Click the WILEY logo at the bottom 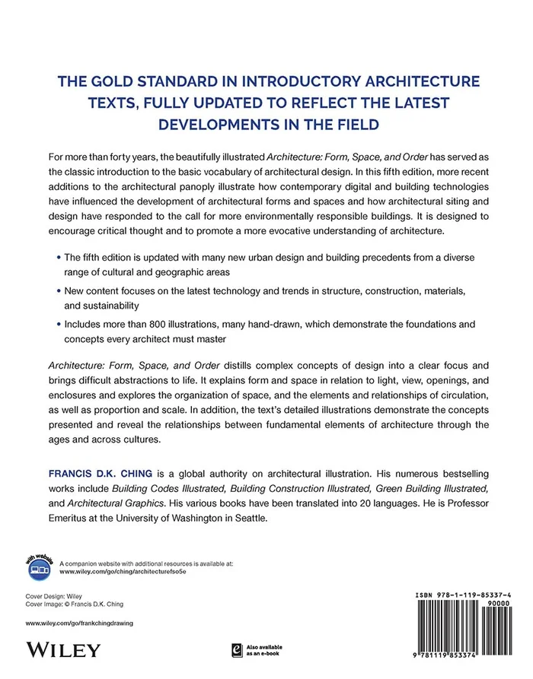(x=63, y=649)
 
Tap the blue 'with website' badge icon (x=41, y=565)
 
